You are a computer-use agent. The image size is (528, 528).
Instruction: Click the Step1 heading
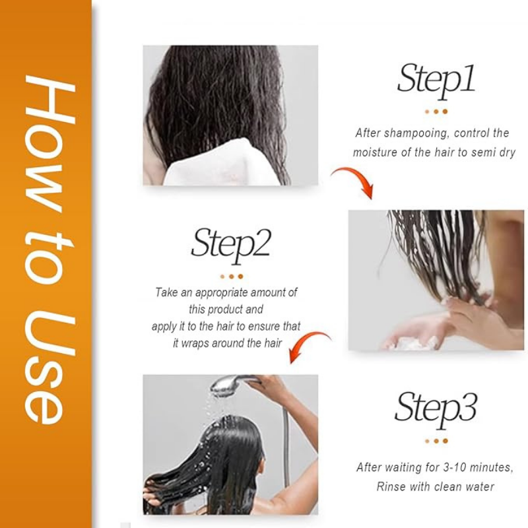pyautogui.click(x=436, y=79)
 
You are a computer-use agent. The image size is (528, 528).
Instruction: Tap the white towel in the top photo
pyautogui.click(x=211, y=165)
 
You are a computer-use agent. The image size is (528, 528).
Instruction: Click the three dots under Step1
pyautogui.click(x=436, y=112)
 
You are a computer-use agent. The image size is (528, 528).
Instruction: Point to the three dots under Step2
pyautogui.click(x=231, y=276)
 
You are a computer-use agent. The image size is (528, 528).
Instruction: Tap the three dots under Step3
pyautogui.click(x=436, y=440)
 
